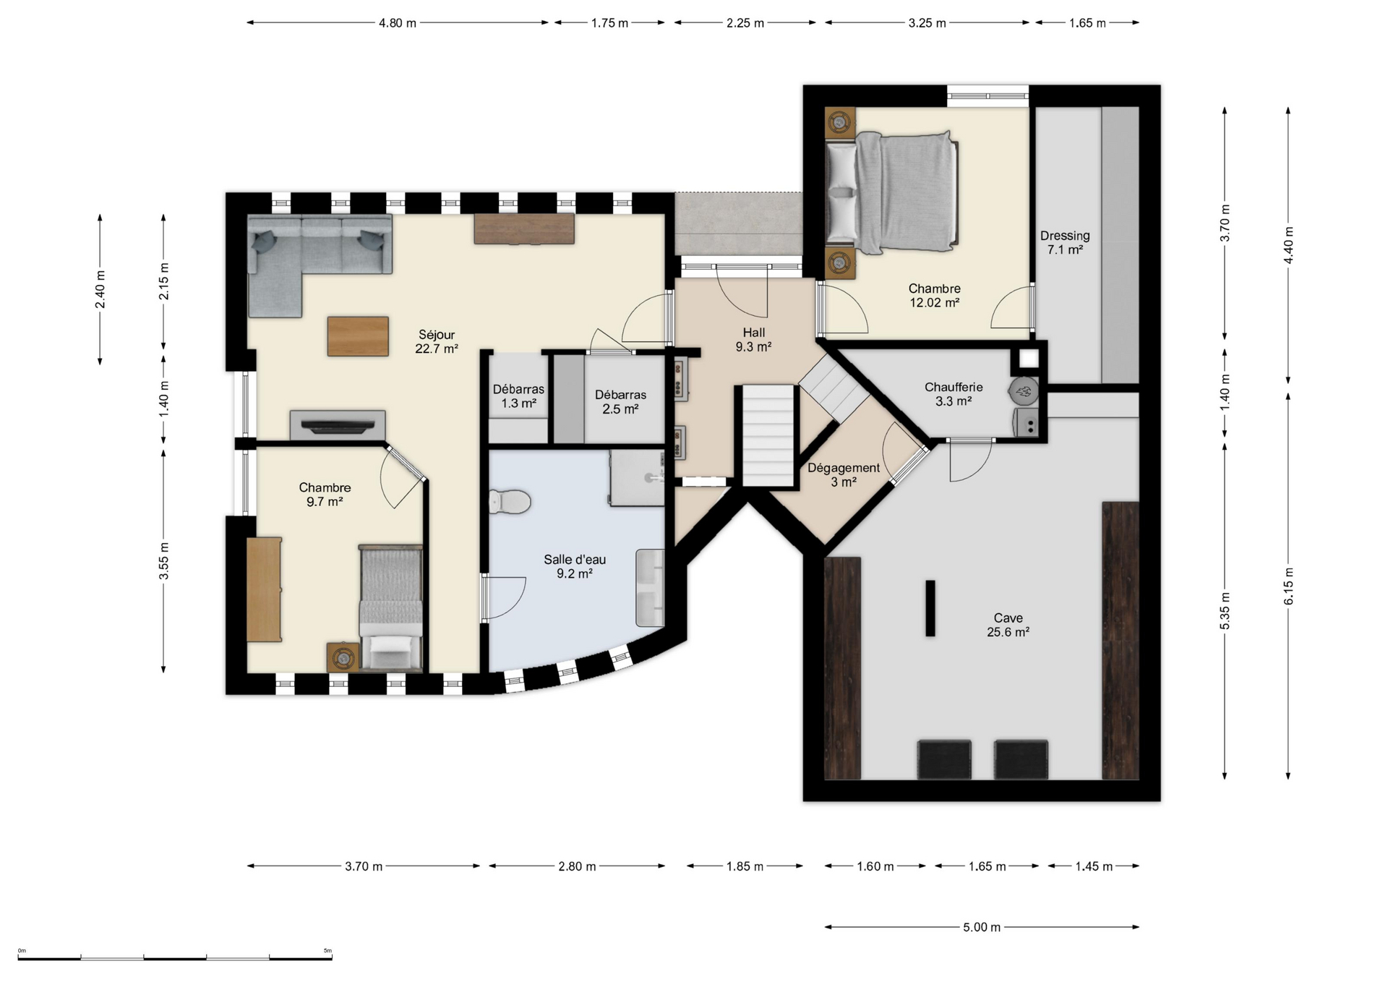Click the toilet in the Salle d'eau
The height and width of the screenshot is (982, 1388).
pos(510,501)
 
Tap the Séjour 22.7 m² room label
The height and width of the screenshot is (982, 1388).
pos(437,341)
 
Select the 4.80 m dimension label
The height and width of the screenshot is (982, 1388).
pos(398,23)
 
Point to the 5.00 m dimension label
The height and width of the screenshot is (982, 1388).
pos(982,927)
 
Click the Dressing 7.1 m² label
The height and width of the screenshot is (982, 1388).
pos(1065,242)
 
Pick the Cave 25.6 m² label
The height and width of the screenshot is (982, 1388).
pos(1008,625)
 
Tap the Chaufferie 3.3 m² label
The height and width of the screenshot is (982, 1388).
pos(954,394)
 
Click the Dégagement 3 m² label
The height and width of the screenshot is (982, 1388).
pos(844,475)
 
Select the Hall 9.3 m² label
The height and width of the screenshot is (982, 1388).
pos(753,340)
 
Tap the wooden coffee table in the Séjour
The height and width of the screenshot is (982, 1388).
pos(358,336)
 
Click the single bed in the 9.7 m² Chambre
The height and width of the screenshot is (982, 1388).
pos(390,607)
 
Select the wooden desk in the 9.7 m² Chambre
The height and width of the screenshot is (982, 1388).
pos(264,589)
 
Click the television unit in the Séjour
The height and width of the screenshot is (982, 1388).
pos(337,424)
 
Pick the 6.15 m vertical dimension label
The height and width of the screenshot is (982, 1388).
pos(1288,586)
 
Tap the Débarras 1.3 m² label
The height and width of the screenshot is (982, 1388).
pos(518,396)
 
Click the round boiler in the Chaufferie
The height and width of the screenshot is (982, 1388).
pos(1024,391)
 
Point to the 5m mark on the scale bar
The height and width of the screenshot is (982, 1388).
pos(327,951)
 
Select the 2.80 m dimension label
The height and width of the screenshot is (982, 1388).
pos(577,866)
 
